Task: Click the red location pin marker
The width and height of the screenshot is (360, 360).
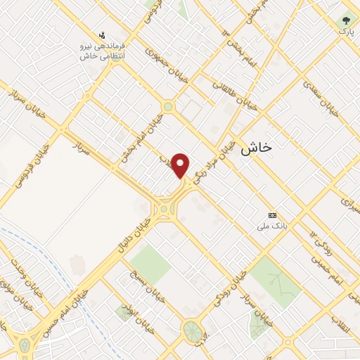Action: pos(181,166)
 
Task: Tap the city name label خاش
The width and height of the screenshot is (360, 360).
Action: pos(256,148)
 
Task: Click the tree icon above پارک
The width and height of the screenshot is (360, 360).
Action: pos(345,20)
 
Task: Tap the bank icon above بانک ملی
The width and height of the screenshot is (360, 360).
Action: pos(273,215)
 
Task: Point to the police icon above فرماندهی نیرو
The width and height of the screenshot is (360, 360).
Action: pos(103,34)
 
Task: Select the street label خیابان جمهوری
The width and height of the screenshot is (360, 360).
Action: pos(166,61)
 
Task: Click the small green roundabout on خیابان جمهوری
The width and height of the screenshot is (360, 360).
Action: pos(168,107)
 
